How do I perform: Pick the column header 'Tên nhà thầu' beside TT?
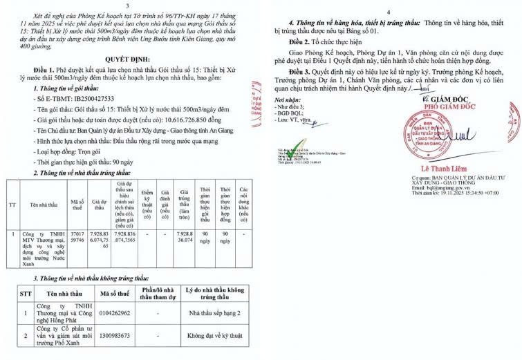(x=43, y=205)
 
